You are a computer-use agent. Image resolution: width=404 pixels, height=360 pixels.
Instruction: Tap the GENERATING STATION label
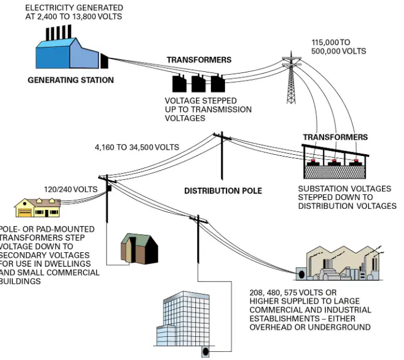pos(71,80)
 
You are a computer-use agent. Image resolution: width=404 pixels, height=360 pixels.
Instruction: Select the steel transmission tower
pos(291,78)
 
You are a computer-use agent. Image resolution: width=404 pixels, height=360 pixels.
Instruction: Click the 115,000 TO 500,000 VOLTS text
pos(339,46)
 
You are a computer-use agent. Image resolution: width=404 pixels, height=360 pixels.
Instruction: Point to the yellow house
pos(38,208)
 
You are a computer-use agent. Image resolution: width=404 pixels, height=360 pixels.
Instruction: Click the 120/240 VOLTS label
pos(71,190)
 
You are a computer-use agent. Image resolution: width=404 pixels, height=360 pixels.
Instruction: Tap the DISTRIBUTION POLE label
pos(223,191)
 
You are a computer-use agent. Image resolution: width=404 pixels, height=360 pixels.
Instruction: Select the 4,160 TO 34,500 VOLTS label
pos(137,147)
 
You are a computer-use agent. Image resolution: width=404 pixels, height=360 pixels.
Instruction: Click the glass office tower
pos(183,319)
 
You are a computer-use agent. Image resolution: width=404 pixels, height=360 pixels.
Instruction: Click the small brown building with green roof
pos(139,249)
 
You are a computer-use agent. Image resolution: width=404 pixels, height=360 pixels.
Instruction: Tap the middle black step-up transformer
pos(198,83)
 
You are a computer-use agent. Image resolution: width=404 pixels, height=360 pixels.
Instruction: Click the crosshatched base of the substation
pos(334,172)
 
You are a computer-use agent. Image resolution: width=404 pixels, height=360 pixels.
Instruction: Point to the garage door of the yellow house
pos(25,213)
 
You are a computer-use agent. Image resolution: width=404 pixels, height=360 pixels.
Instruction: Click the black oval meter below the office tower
pos(205,351)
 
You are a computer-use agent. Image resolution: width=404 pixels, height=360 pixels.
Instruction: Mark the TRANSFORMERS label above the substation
pos(335,137)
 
